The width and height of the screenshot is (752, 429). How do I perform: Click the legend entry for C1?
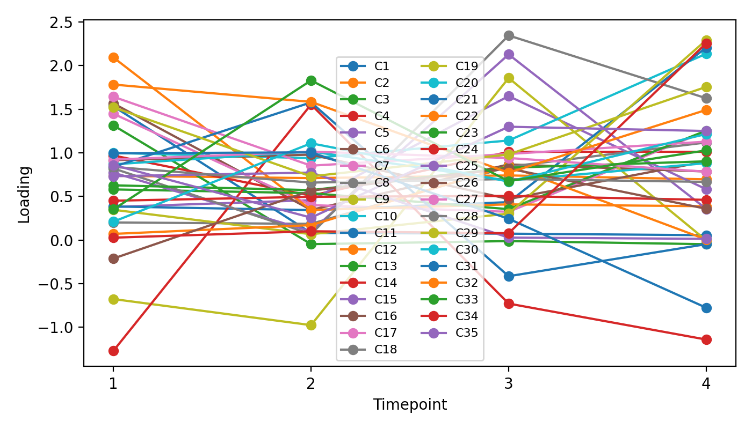pos(381,66)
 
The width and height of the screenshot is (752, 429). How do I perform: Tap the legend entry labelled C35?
pos(466,333)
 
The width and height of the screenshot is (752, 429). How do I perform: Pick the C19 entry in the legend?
pos(466,66)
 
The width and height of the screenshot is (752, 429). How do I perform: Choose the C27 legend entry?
pos(466,199)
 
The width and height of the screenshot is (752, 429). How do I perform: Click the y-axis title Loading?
pos(24,194)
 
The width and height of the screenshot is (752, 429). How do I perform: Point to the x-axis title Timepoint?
pos(410,405)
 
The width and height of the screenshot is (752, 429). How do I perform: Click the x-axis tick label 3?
pos(508,384)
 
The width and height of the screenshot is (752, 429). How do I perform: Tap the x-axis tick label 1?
pos(113,384)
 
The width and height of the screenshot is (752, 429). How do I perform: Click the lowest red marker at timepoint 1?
pos(113,351)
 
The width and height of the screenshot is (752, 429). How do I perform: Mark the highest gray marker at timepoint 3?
pos(508,35)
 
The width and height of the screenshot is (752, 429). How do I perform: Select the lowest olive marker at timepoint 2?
pos(311,325)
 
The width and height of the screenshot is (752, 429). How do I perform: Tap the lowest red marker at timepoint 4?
pos(706,339)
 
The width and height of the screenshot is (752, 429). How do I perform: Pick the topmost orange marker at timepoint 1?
pos(113,57)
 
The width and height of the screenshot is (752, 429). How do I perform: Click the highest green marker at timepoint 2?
pos(311,80)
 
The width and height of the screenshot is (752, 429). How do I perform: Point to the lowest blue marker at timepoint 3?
pos(508,277)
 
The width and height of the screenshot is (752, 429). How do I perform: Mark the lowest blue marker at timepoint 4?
pos(706,308)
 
